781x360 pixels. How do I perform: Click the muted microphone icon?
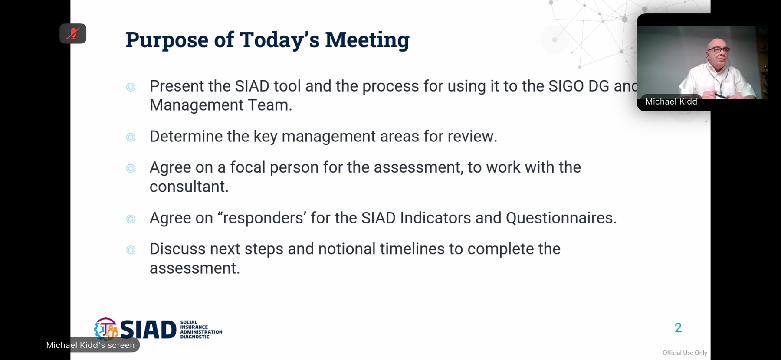(73, 33)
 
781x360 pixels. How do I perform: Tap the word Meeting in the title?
(367, 40)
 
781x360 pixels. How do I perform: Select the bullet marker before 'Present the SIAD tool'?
(131, 87)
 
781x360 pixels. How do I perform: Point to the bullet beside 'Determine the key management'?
(131, 137)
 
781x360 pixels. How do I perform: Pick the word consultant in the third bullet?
(189, 187)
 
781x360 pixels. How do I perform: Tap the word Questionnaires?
(561, 218)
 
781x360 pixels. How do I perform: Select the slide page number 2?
(678, 328)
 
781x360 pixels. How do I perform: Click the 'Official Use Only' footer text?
(685, 353)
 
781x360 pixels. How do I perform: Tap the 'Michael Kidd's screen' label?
(90, 345)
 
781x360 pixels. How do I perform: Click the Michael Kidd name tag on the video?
(671, 101)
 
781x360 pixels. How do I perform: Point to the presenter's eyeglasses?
(719, 50)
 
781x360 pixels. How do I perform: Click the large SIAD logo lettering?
(148, 330)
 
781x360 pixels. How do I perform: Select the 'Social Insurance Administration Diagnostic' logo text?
(201, 330)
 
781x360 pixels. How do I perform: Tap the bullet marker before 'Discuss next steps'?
(131, 250)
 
